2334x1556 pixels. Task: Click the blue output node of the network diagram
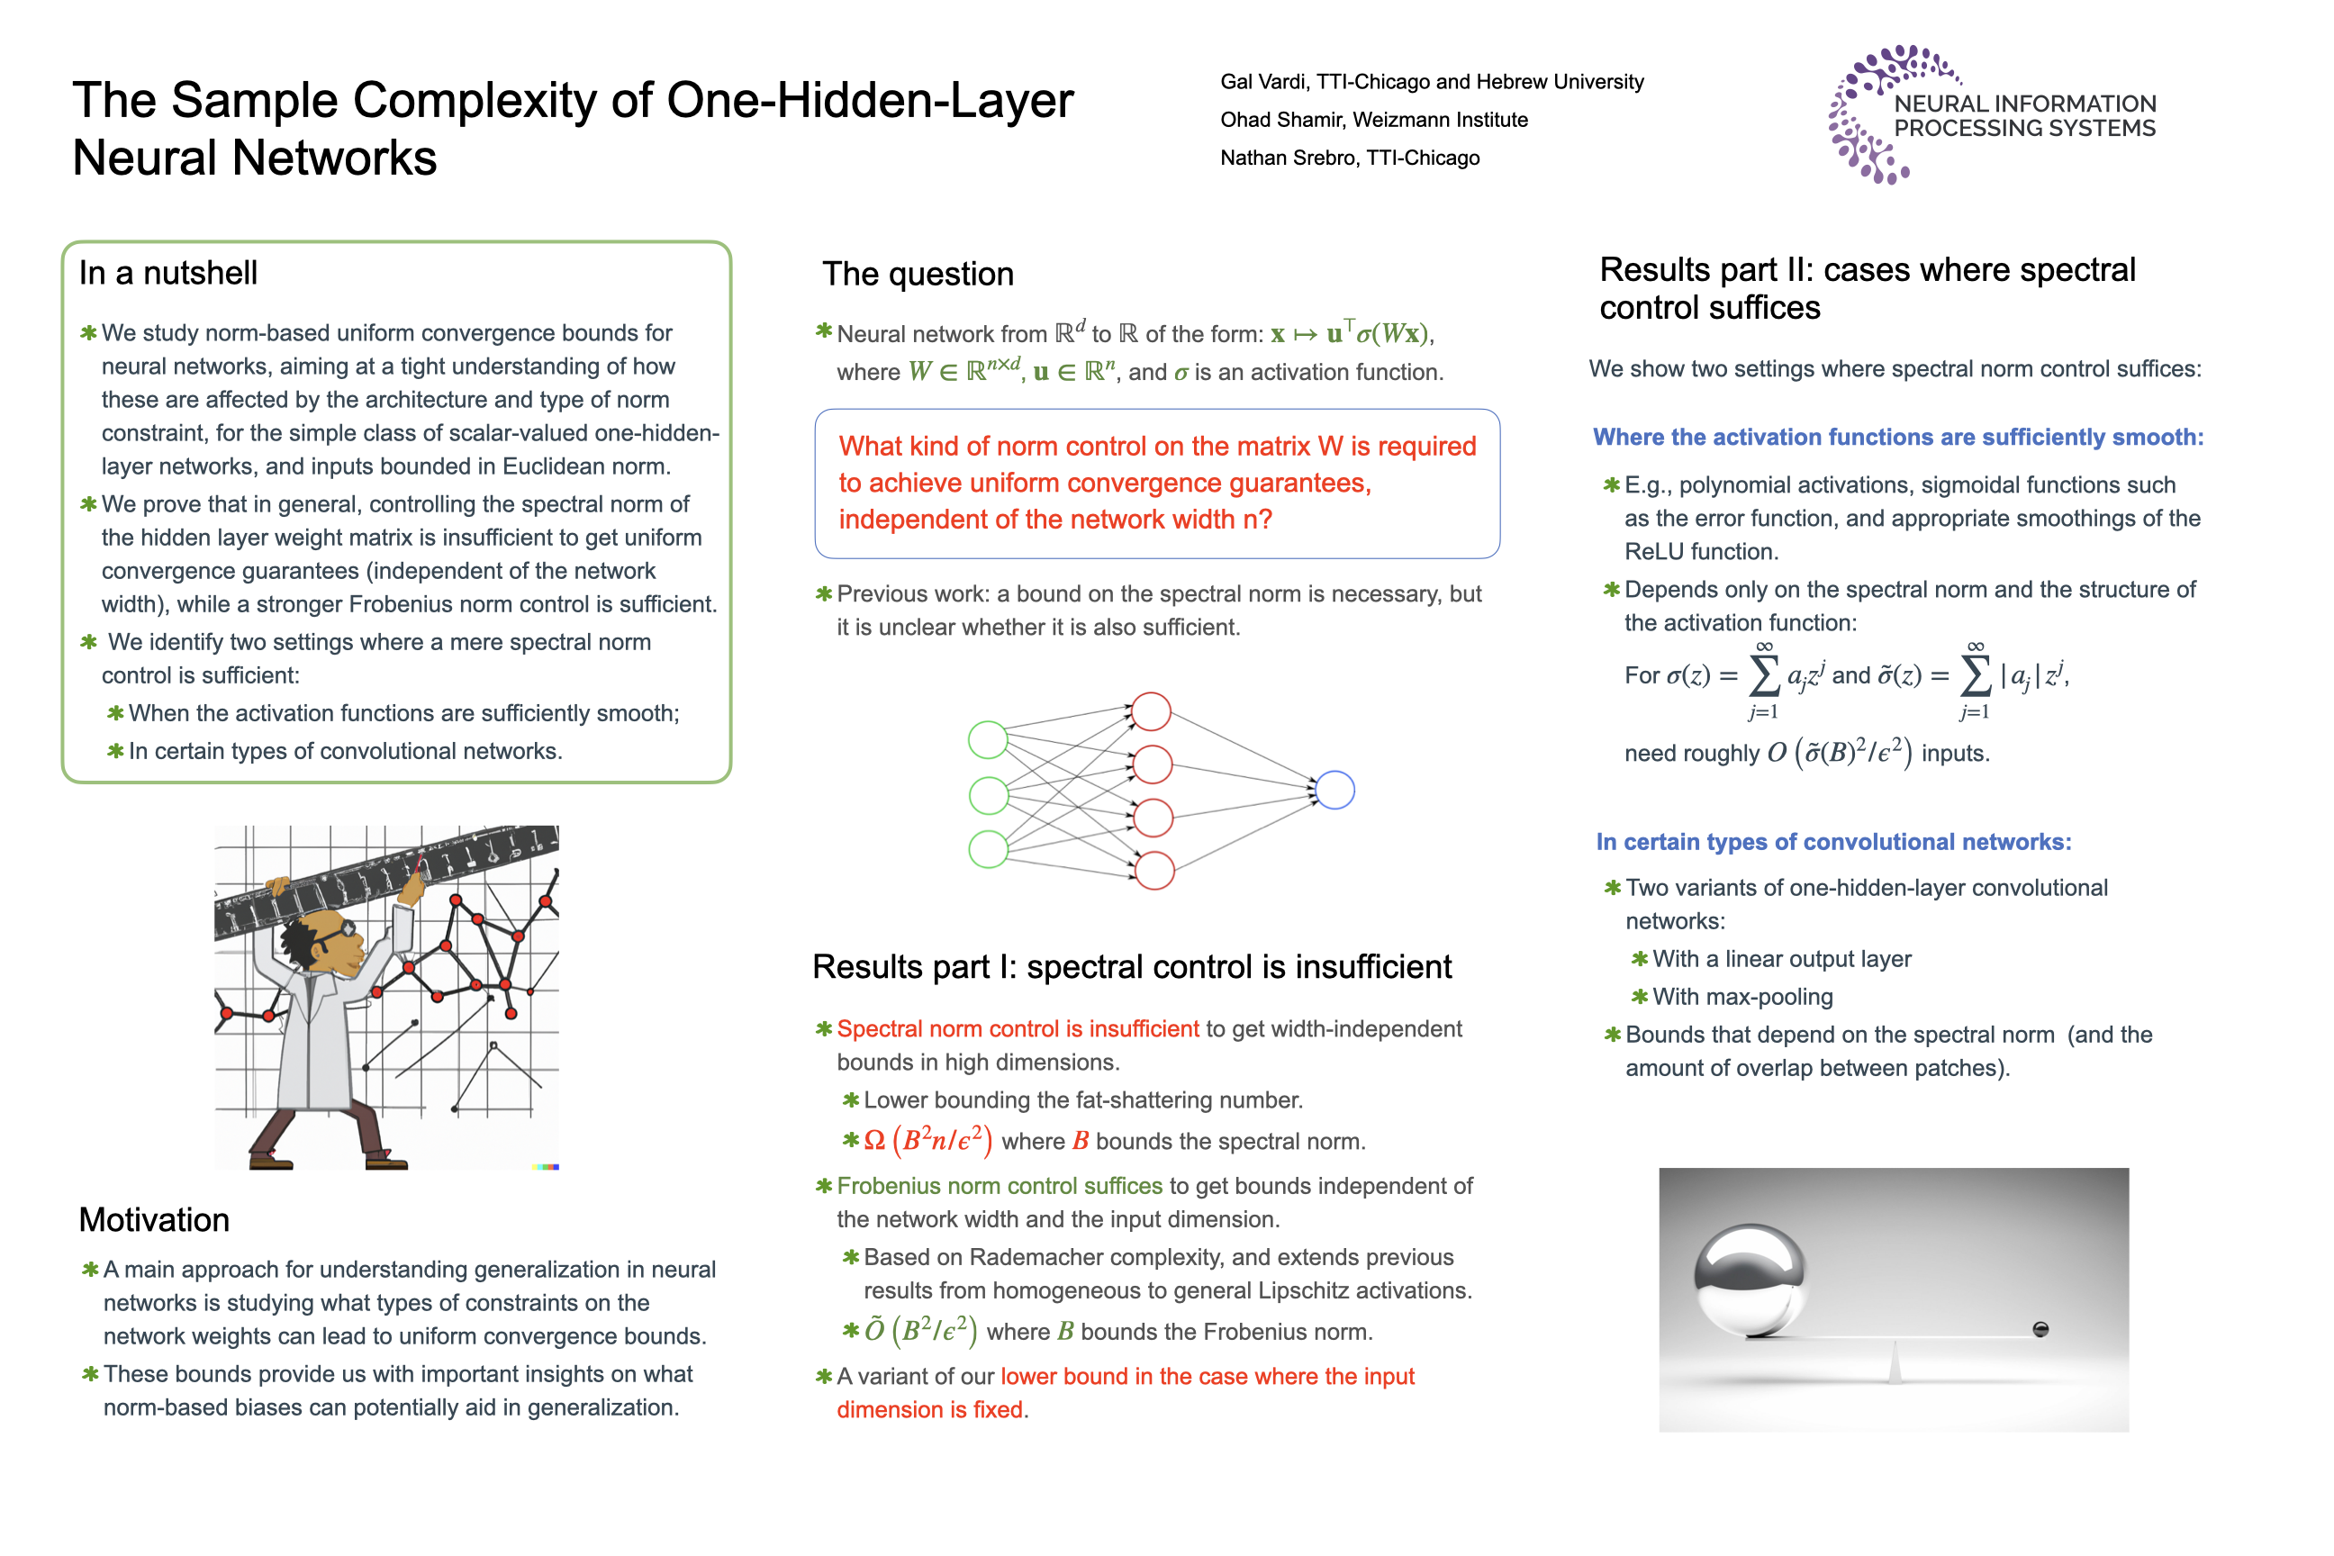click(x=1335, y=790)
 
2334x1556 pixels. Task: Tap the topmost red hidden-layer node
click(x=1152, y=711)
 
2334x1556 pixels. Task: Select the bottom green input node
click(x=989, y=849)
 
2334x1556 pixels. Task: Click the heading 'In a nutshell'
click(x=168, y=273)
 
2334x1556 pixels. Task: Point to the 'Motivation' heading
click(x=154, y=1219)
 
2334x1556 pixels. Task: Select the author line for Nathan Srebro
click(x=1350, y=158)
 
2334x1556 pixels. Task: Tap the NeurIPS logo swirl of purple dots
click(x=1860, y=114)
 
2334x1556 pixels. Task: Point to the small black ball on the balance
click(x=2040, y=1329)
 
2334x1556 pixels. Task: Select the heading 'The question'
click(x=918, y=274)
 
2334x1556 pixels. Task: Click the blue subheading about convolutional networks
click(x=1834, y=842)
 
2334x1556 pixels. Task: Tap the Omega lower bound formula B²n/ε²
click(x=927, y=1140)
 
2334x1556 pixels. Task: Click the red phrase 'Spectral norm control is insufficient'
click(x=1018, y=1029)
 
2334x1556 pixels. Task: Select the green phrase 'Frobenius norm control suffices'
click(x=1000, y=1186)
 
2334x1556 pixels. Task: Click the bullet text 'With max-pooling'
click(x=1742, y=996)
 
